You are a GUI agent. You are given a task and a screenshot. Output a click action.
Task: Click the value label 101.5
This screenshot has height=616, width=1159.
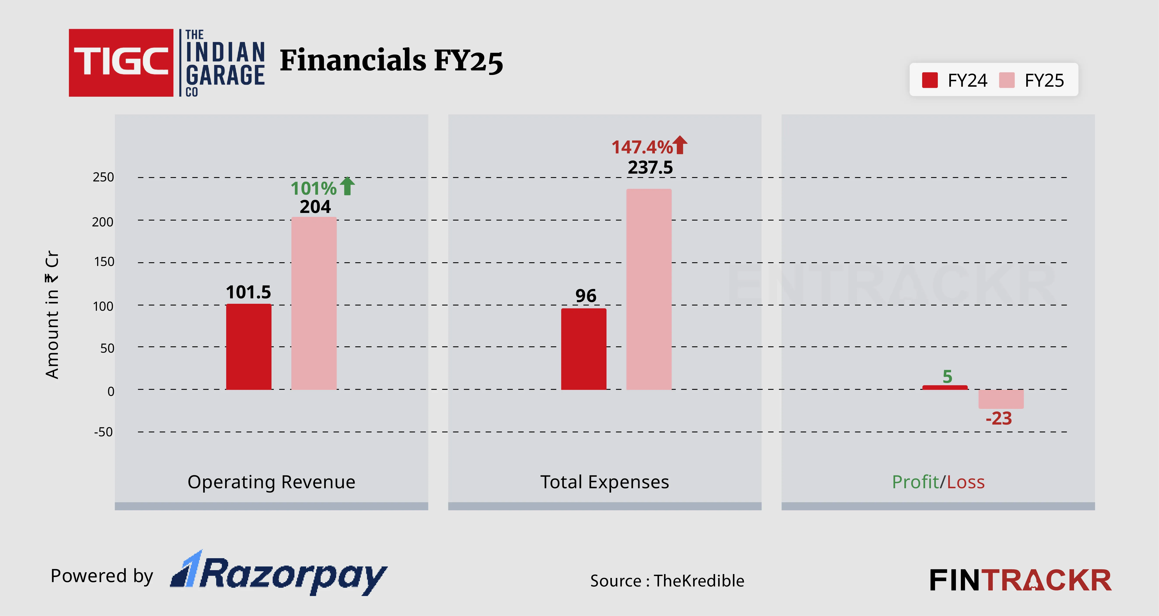248,292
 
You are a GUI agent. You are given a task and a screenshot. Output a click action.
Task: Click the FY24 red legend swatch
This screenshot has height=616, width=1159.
930,81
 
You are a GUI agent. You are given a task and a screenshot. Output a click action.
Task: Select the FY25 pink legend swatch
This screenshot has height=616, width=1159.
1006,81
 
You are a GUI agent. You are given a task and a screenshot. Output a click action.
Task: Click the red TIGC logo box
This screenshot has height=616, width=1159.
121,63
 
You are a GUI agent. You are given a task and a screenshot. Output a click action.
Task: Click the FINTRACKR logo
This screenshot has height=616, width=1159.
1020,580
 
